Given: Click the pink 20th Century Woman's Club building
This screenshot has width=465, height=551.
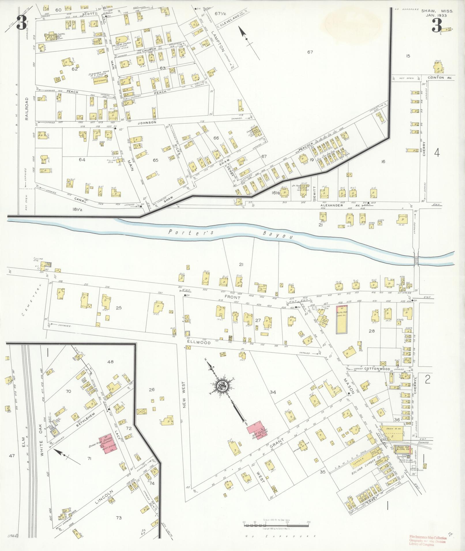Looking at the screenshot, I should (257, 430).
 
